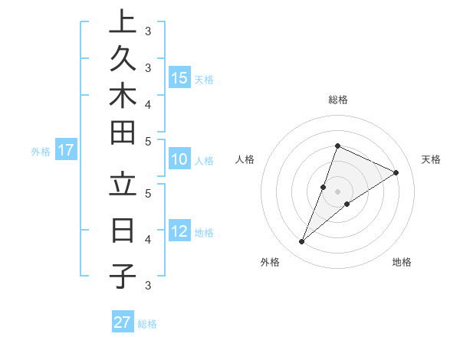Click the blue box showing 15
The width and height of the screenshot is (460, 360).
[179, 78]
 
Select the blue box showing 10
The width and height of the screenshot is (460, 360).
[179, 160]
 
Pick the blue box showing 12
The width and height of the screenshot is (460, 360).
[179, 231]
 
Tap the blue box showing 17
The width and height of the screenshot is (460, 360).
[66, 150]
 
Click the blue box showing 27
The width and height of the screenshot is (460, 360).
[123, 322]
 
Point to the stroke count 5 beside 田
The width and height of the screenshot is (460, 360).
[147, 141]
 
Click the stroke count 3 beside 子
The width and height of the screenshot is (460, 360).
[147, 286]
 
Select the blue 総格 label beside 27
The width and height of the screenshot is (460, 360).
[147, 324]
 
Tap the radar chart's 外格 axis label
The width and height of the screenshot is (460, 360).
[270, 263]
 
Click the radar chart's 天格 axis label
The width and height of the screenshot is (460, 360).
[431, 159]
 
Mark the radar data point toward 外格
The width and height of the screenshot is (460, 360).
[301, 242]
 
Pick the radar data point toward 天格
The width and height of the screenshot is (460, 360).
[396, 172]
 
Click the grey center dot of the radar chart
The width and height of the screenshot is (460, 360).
[337, 191]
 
